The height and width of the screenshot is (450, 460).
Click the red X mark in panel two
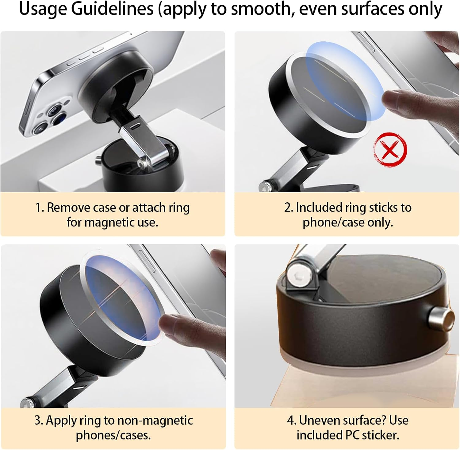(x=390, y=149)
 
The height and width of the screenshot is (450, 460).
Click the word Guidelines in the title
(x=112, y=9)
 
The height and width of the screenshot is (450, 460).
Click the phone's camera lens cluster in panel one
(x=51, y=118)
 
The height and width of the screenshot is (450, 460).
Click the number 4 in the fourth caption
(x=291, y=420)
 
